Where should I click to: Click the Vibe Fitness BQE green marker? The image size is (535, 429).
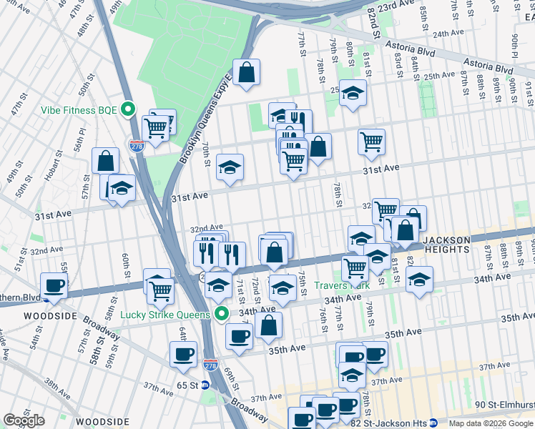click(x=128, y=109)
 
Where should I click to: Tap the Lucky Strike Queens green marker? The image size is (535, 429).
click(x=222, y=314)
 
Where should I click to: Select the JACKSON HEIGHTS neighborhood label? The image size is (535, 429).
click(x=446, y=245)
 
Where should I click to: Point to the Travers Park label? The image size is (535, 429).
click(x=340, y=286)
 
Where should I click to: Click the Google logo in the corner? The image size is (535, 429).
click(x=24, y=420)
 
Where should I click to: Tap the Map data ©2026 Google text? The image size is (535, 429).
click(x=491, y=423)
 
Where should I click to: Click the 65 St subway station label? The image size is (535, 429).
click(x=187, y=385)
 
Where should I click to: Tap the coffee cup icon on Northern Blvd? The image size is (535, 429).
click(x=54, y=285)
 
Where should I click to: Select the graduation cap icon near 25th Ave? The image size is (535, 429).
click(x=352, y=93)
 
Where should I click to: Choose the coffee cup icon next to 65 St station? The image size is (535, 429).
click(x=183, y=354)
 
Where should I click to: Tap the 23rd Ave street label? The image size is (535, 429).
click(x=398, y=6)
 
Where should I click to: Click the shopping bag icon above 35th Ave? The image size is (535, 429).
click(x=269, y=325)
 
